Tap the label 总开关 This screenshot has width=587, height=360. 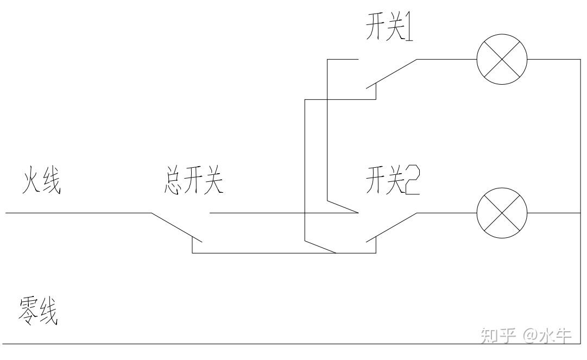[193, 184]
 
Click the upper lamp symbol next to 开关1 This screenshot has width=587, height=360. [502, 59]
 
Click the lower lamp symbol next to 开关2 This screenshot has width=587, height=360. [502, 213]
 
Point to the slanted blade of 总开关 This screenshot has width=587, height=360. [176, 226]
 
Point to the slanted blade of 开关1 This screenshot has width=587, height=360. [391, 73]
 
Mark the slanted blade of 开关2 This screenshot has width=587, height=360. [391, 226]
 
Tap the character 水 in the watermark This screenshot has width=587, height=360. [546, 336]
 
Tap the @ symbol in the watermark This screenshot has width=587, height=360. [529, 337]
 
